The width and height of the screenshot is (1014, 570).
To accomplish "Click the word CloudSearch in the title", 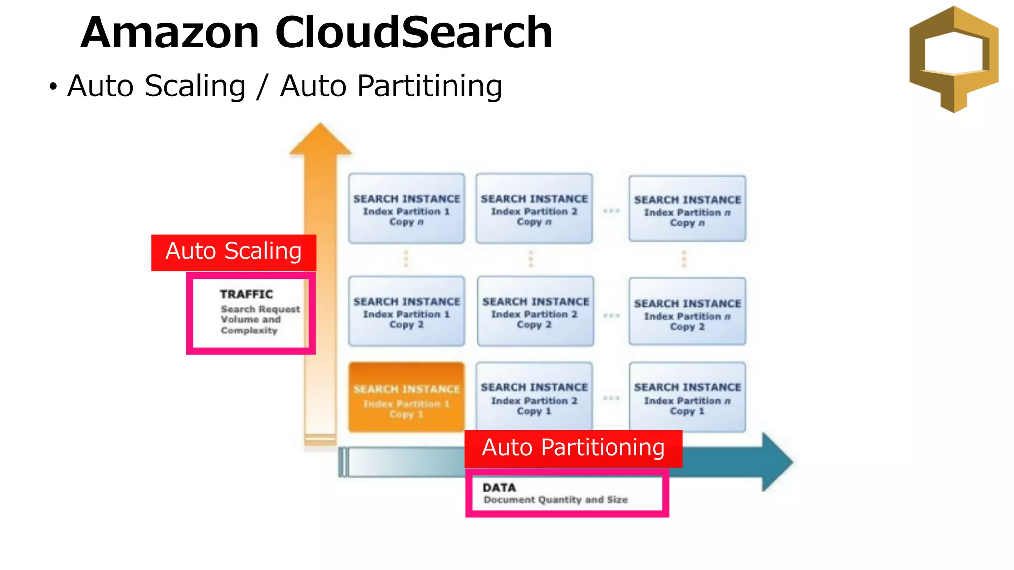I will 413,33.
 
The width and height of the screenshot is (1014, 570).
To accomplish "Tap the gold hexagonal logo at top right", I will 954,59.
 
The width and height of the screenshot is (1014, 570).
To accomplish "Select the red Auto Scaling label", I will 234,252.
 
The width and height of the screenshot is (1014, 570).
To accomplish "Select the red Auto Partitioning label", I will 573,448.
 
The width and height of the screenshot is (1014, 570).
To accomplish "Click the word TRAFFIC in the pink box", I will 247,294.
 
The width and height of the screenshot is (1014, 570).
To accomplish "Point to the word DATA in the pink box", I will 499,488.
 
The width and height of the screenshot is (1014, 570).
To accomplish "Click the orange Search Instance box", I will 406,397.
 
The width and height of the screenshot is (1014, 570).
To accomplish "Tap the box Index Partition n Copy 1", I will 687,397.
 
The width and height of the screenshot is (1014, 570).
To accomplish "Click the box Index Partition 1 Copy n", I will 406,209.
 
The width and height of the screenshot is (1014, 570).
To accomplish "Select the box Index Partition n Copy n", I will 687,209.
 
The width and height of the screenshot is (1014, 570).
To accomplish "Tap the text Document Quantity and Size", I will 556,500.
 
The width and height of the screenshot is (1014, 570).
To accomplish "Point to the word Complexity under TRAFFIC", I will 249,331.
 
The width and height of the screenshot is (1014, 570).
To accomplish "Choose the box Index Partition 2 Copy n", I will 534,209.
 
